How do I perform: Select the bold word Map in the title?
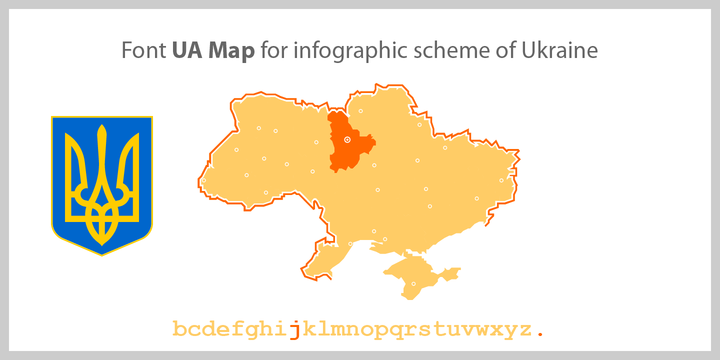231,50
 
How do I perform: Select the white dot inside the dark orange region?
348,140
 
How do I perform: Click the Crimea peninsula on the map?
420,278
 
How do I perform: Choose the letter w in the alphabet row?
483,329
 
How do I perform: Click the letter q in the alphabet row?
397,329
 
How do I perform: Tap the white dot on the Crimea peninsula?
414,284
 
